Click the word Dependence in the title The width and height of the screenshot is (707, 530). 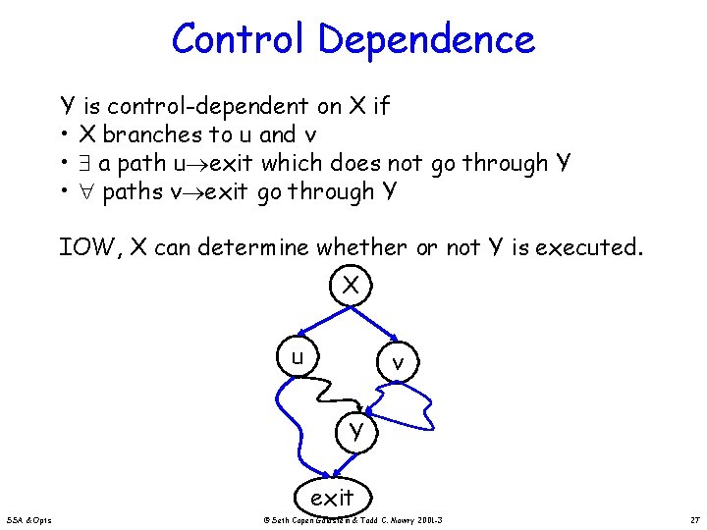[426, 40]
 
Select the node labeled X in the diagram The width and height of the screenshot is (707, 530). [351, 286]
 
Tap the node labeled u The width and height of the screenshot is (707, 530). [296, 356]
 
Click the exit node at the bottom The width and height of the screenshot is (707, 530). [332, 498]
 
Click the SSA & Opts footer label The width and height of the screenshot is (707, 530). [32, 518]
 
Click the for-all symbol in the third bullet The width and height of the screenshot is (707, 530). [86, 192]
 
